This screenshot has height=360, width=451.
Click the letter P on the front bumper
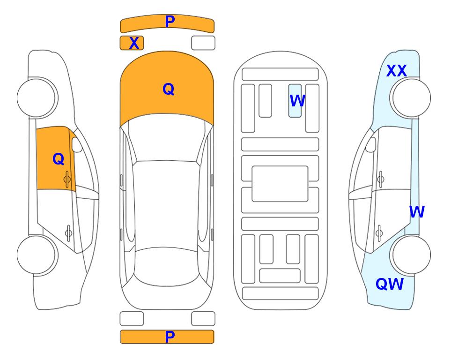point(170,22)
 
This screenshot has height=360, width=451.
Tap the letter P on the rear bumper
point(170,337)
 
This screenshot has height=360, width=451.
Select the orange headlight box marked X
point(132,43)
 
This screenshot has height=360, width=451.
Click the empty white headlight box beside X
point(203,43)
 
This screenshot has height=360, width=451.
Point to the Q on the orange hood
point(169,89)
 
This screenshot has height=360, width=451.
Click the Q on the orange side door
point(59,159)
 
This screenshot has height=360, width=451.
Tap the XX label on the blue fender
point(397,71)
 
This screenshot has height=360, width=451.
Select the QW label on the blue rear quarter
point(390,284)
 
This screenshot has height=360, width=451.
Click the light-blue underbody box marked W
point(295,101)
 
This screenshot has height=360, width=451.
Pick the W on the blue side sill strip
point(417,212)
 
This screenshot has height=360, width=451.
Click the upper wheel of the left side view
point(37,98)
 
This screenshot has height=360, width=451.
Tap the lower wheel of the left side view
point(37,255)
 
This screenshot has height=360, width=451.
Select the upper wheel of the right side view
point(410,98)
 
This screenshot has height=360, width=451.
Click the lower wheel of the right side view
point(410,255)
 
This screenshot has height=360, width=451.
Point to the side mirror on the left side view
point(77,144)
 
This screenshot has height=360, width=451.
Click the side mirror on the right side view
point(371,144)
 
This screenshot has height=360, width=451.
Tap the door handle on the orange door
point(67,180)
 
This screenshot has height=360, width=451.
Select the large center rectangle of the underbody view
point(280,184)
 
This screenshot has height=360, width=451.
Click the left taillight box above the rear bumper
point(132,319)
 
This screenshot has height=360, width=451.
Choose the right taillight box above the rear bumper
point(203,319)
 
